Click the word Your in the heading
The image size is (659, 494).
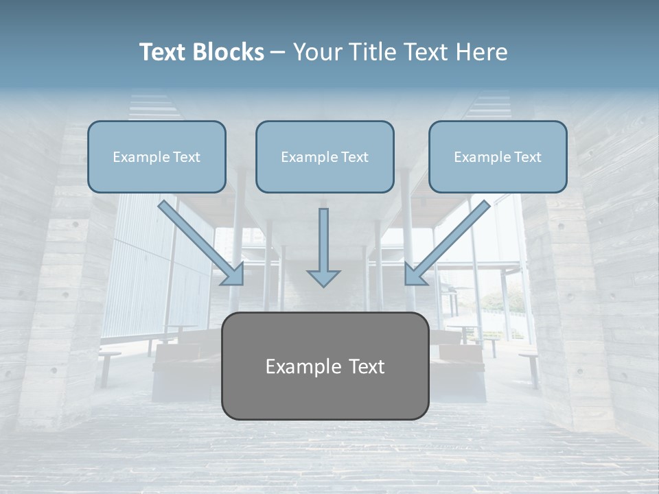coord(314,52)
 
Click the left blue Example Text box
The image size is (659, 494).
coord(157,156)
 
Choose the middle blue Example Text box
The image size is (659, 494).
coord(325,156)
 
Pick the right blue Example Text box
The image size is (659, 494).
coord(498,156)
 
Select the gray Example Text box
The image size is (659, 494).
coord(325,366)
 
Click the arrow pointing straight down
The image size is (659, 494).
coord(323,247)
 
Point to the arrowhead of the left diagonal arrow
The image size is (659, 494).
coord(233,274)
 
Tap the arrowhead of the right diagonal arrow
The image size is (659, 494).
coord(414,274)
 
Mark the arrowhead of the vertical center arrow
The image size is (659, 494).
coord(323,277)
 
